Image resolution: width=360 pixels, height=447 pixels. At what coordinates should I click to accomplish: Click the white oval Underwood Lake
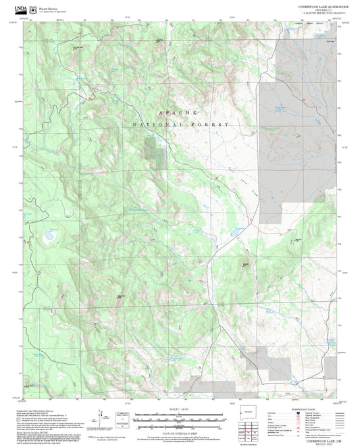pyautogui.click(x=49, y=236)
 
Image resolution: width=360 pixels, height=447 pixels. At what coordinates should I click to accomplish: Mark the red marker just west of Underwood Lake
pyautogui.click(x=28, y=241)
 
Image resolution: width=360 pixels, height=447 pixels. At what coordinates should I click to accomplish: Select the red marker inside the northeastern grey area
pyautogui.click(x=305, y=101)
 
